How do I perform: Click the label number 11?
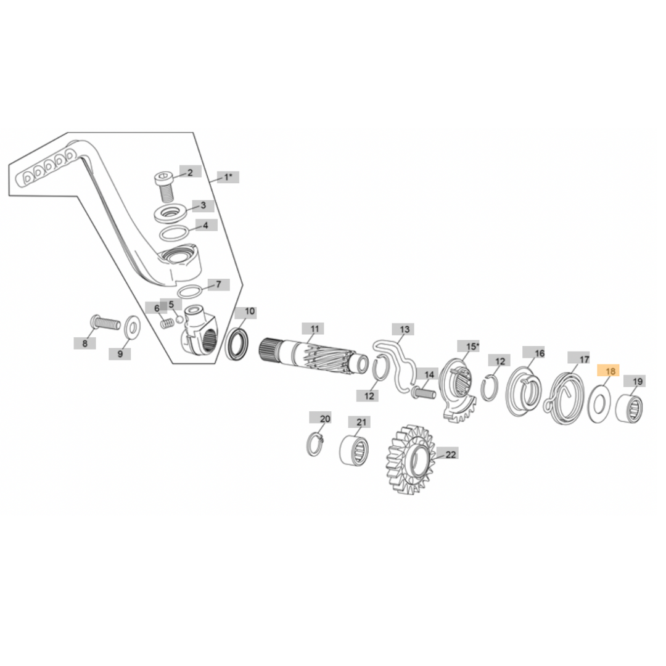point(313,329)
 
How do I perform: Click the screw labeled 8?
point(105,322)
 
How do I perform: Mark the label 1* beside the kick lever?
point(228,178)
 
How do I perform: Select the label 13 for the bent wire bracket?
point(403,329)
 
